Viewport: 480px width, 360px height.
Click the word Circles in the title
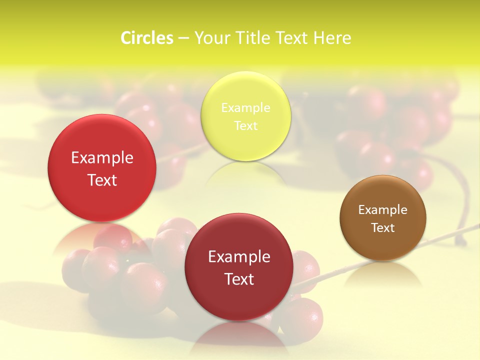[147, 38]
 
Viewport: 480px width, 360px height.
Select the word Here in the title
[332, 38]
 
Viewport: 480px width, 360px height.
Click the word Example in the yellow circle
[245, 107]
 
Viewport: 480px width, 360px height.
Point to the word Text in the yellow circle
[245, 125]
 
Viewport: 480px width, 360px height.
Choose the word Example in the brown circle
[382, 209]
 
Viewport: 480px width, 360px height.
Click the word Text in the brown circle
[383, 227]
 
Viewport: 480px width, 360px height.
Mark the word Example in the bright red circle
[102, 157]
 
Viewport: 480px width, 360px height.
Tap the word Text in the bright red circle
[102, 180]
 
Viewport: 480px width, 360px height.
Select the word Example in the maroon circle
[239, 256]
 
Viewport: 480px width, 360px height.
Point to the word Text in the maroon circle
[239, 279]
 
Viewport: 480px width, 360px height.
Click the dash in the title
[183, 38]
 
